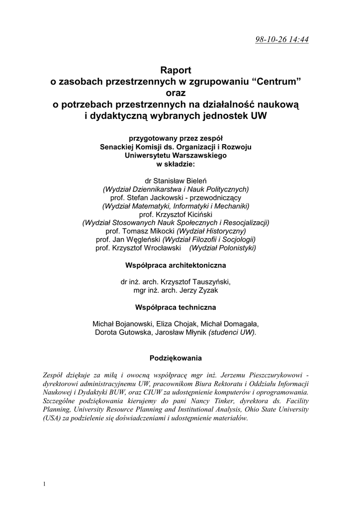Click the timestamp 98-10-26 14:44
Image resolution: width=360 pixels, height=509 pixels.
pos(281,39)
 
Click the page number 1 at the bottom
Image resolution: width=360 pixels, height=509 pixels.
pos(45,484)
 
